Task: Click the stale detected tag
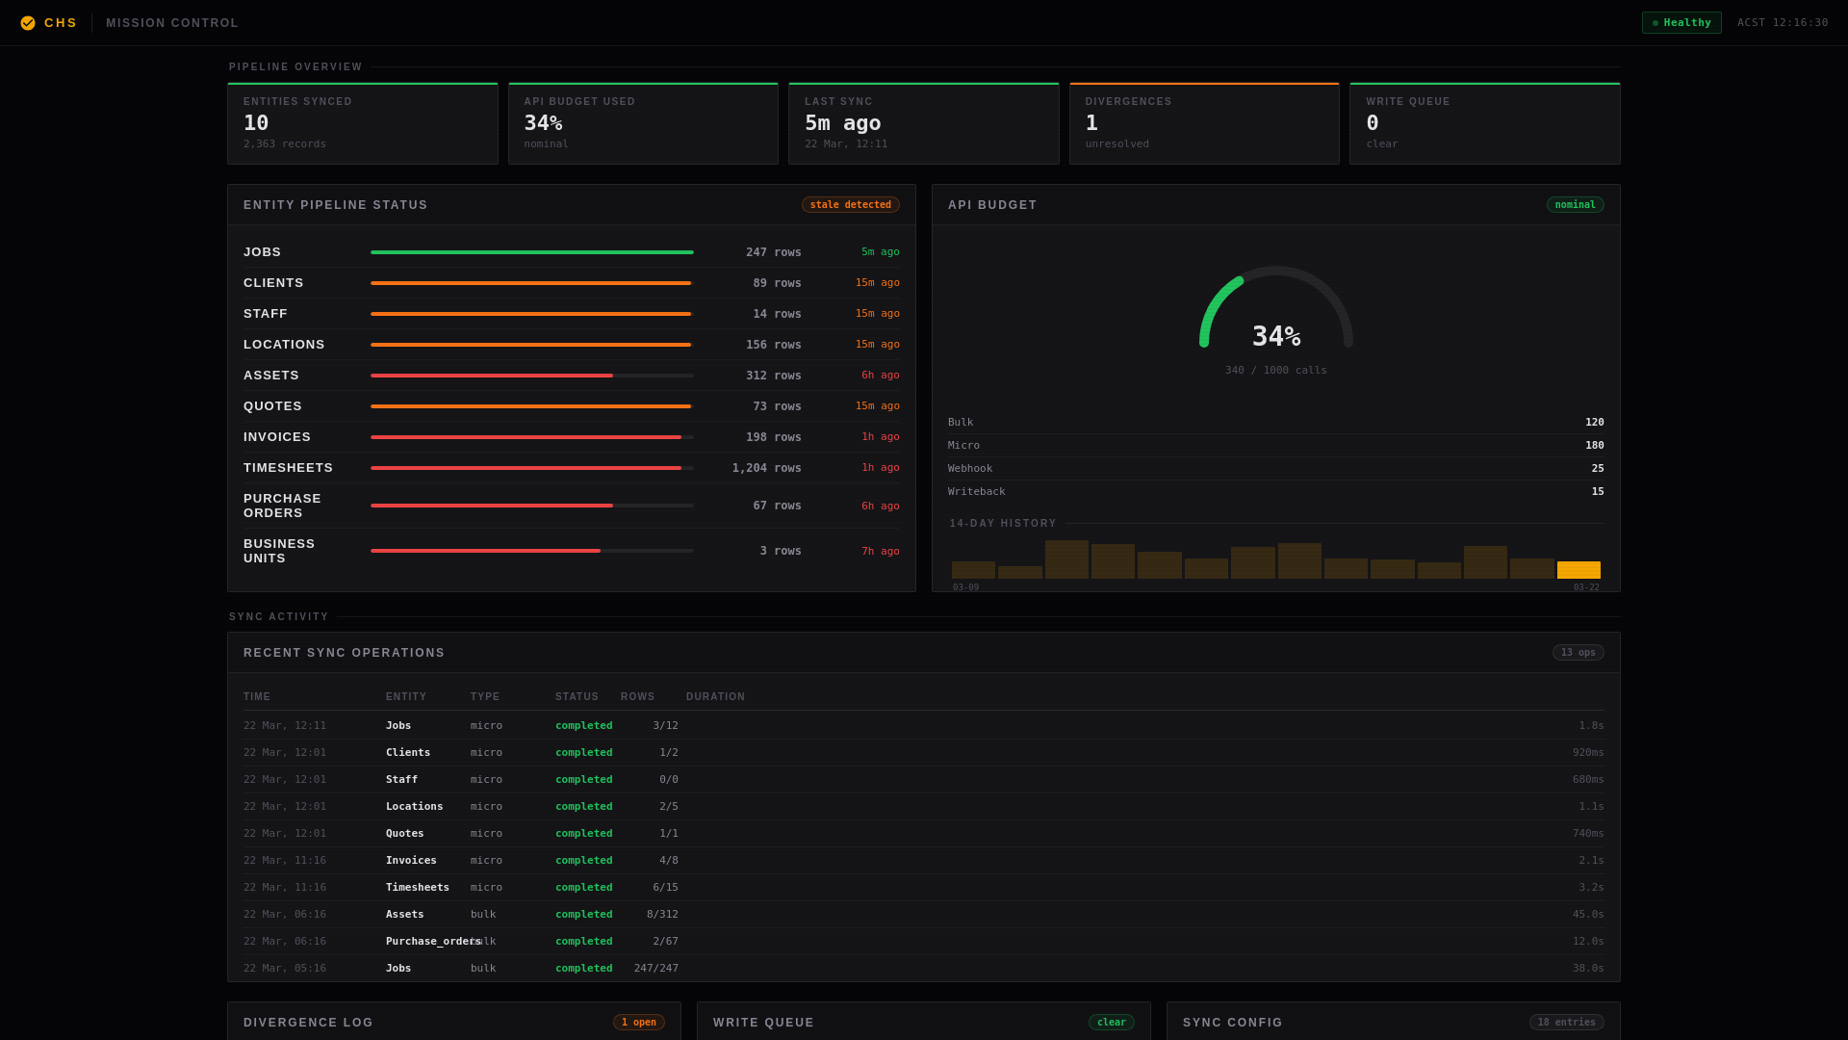(x=850, y=205)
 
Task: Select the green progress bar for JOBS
(x=531, y=252)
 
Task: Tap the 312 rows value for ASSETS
(x=773, y=376)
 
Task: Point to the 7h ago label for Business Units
(x=880, y=552)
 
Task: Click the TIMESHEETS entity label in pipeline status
(x=288, y=468)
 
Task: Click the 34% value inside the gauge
(x=1275, y=337)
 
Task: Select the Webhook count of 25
(x=1597, y=469)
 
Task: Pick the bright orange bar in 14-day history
(x=1578, y=570)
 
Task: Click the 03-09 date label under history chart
(x=965, y=587)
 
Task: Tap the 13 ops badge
(x=1578, y=653)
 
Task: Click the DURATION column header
(x=715, y=697)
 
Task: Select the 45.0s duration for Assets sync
(x=1587, y=915)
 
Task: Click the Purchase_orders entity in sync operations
(x=432, y=942)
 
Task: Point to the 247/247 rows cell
(x=655, y=969)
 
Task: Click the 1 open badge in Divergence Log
(x=638, y=1023)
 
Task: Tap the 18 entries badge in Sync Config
(x=1566, y=1023)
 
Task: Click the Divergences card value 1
(x=1091, y=123)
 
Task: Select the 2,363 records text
(x=284, y=144)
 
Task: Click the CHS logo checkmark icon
(x=28, y=23)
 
